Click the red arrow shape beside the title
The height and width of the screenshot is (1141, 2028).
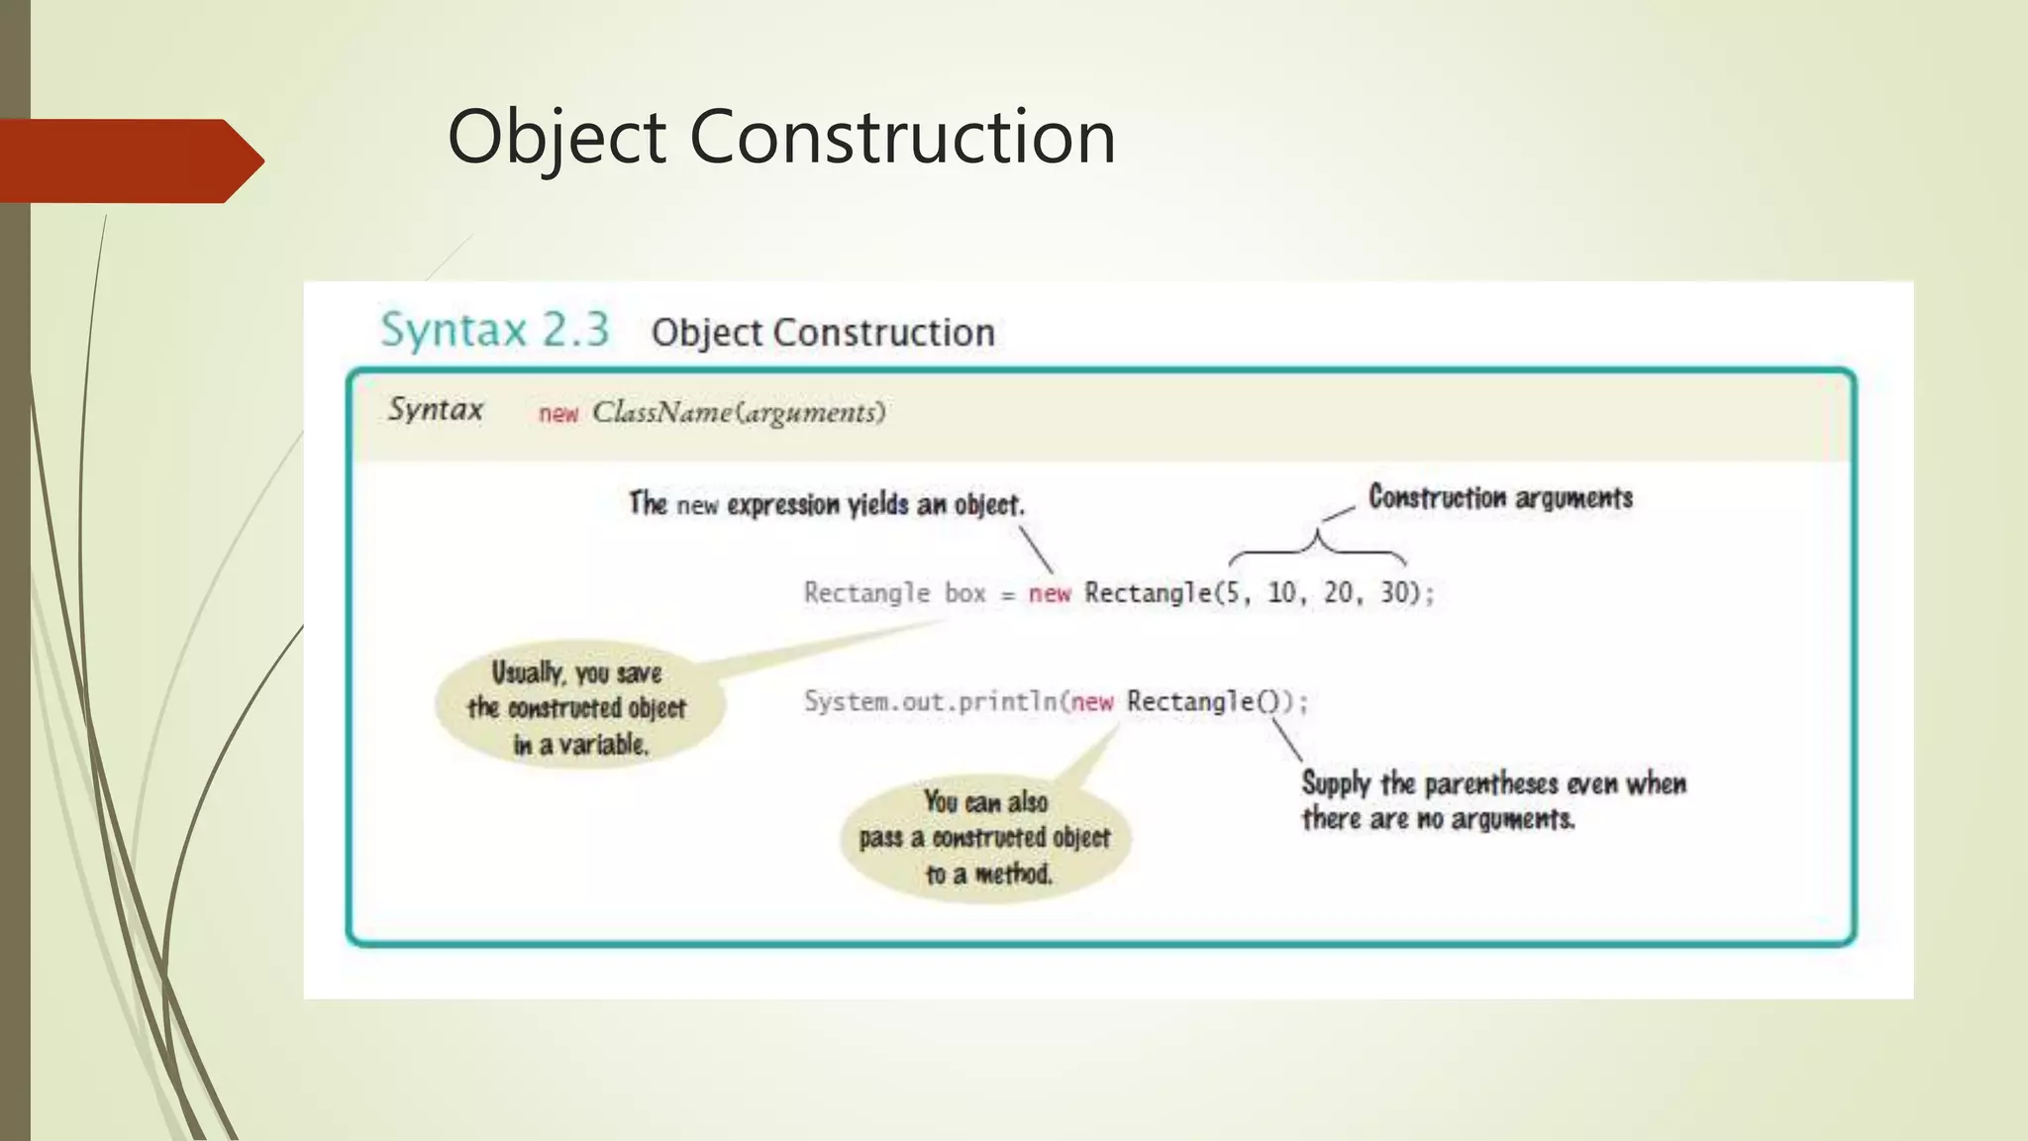[x=129, y=160]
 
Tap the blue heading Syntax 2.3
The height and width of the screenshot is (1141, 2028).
[x=495, y=330]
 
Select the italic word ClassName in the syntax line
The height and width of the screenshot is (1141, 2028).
[x=661, y=412]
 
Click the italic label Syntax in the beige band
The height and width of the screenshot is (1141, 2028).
[x=436, y=409]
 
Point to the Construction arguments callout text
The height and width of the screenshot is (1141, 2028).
[x=1500, y=497]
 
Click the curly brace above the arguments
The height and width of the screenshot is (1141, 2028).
[x=1317, y=547]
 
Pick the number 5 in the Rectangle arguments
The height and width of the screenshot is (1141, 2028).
[x=1232, y=593]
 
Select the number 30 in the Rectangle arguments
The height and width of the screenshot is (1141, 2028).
[x=1394, y=593]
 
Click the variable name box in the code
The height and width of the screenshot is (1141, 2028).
[x=964, y=593]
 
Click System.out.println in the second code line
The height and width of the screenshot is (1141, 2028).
[x=931, y=702]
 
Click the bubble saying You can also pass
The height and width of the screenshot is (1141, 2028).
[x=985, y=838]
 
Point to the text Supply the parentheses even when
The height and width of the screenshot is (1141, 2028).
[x=1493, y=784]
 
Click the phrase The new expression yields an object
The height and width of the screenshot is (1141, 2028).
[x=827, y=504]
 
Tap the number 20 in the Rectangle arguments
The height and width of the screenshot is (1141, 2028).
[x=1338, y=593]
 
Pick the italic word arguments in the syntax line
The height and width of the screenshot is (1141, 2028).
[x=810, y=412]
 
